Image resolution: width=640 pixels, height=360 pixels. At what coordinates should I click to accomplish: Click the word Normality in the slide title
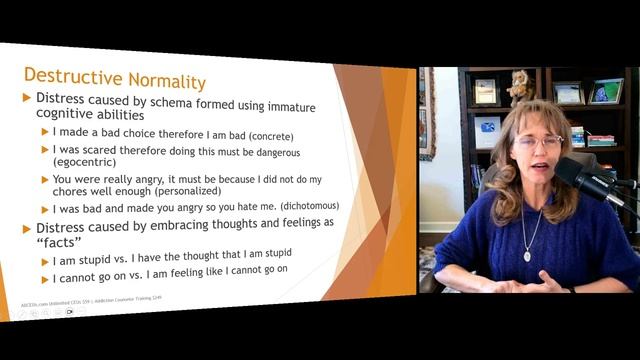(x=161, y=79)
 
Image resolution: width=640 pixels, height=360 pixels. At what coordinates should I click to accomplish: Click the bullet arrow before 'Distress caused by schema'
(x=27, y=99)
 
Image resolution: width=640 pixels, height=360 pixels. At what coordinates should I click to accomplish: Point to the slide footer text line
(x=90, y=299)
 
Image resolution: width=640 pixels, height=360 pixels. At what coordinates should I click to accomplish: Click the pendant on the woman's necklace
(x=527, y=255)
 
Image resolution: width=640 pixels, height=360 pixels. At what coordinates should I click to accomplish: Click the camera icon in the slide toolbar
(x=69, y=313)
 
